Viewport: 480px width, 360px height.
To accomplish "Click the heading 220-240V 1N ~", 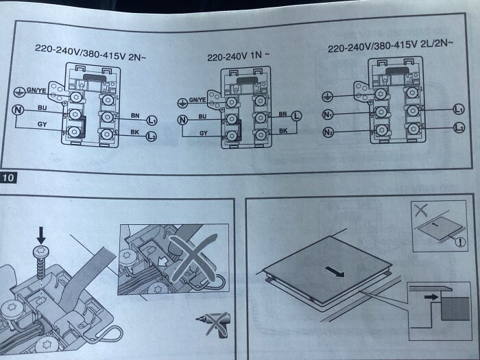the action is (239, 56).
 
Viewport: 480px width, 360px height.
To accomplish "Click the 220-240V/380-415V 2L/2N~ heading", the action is (390, 46).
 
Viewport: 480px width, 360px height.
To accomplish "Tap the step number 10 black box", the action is (8, 177).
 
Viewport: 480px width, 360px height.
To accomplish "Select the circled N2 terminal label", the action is (328, 132).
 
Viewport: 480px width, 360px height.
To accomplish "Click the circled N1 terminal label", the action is (328, 115).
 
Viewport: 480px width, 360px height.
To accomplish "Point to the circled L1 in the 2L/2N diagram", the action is (458, 109).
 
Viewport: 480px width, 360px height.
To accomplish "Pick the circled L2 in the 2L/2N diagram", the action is (459, 128).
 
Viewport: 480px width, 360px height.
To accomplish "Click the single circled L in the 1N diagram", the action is (296, 116).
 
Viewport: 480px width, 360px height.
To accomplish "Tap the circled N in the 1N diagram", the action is (182, 120).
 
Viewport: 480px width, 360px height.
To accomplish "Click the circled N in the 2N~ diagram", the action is (18, 110).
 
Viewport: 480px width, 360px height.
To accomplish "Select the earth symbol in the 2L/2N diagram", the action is (327, 97).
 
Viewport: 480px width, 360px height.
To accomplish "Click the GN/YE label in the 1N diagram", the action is (197, 100).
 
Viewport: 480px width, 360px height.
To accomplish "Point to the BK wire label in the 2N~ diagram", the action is (134, 132).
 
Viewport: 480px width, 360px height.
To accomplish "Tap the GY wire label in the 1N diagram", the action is (204, 133).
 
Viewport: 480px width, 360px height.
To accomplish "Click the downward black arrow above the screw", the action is (41, 235).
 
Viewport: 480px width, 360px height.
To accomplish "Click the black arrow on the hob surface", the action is (335, 272).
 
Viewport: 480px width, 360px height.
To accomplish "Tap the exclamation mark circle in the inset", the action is (460, 242).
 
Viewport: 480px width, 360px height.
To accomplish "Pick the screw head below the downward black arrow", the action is (41, 252).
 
